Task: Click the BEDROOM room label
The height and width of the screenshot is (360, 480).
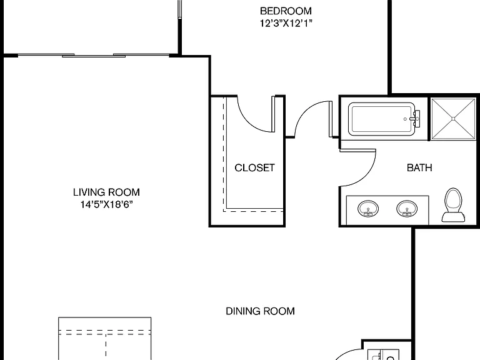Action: pos(286,11)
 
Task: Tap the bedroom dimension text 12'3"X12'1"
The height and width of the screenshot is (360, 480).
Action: pos(286,23)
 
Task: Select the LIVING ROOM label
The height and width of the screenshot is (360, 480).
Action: pos(106,192)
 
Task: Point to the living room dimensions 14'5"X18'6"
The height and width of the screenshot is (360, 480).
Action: pos(106,204)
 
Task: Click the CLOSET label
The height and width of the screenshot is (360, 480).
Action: pos(254,167)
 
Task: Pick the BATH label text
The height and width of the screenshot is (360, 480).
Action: pos(419,167)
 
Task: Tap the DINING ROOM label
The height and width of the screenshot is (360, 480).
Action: pos(260,311)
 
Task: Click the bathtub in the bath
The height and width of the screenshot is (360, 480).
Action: pos(382,119)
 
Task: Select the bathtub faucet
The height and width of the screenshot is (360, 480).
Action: pos(414,119)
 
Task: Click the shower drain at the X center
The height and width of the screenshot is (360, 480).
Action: pos(453,119)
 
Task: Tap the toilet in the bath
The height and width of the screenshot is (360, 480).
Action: pos(453,205)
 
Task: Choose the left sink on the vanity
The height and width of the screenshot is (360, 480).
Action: pos(368,209)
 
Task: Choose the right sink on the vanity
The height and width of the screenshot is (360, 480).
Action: pos(407,209)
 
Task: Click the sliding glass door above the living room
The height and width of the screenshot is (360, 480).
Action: pos(94,56)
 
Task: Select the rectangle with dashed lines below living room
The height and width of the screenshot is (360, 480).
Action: pos(105,339)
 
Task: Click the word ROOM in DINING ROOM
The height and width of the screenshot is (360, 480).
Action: pos(279,311)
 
